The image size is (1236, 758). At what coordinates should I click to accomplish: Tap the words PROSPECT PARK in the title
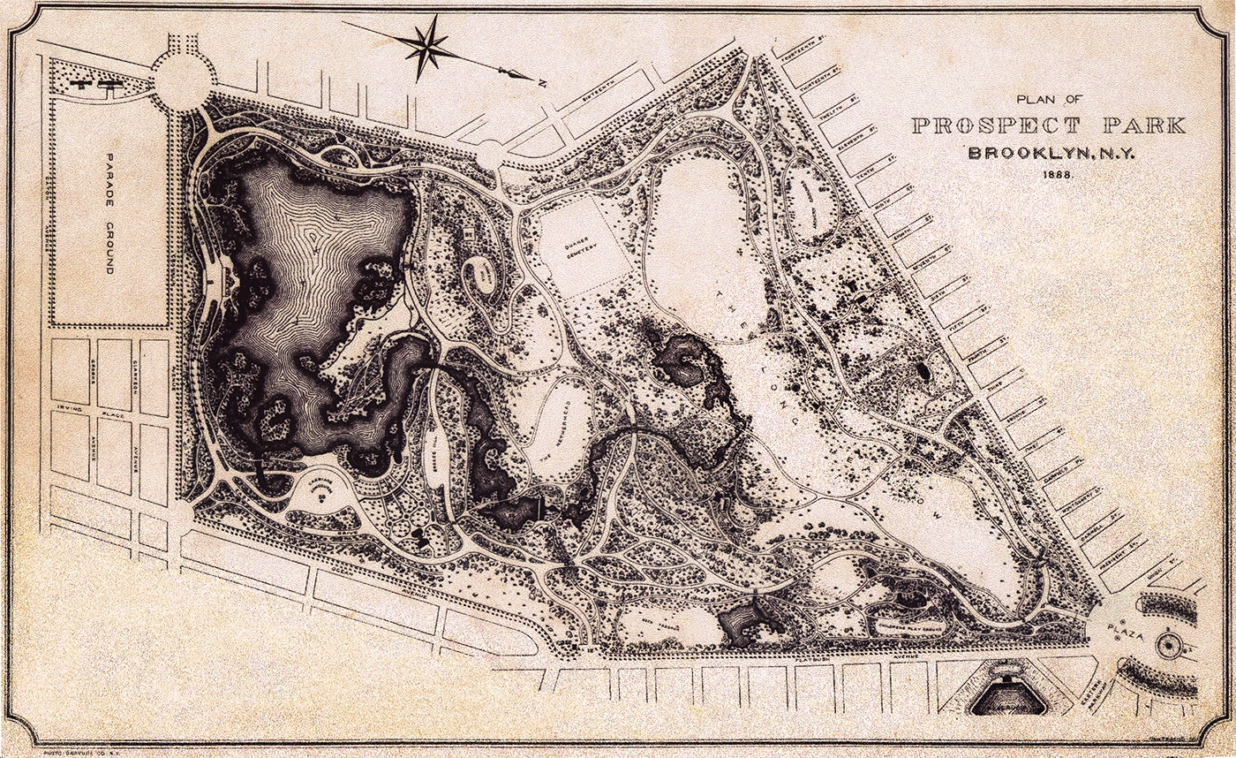coord(1048,125)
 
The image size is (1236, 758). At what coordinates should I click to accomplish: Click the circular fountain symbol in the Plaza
coord(1169,648)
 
